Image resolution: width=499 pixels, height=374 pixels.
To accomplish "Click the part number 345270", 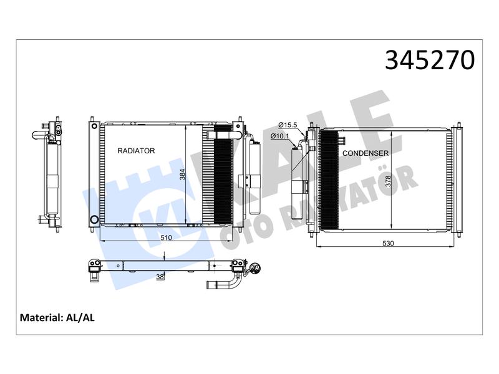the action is coord(429,60).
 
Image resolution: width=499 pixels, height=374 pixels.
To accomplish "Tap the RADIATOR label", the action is coord(136,151).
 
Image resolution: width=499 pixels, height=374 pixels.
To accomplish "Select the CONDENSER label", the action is coord(366,153).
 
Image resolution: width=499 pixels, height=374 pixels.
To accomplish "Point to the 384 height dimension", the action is coord(182,175).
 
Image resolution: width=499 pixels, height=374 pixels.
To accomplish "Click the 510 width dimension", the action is coord(166,237).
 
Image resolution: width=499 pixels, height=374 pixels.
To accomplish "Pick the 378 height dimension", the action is coord(387,181).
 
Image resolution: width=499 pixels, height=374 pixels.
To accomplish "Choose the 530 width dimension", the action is coord(388,243).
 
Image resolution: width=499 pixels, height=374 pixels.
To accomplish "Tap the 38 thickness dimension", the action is coord(160,277).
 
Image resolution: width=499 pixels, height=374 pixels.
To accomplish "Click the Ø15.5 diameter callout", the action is coord(288,125).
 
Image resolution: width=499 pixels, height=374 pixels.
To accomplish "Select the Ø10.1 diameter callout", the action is coord(279,136).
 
